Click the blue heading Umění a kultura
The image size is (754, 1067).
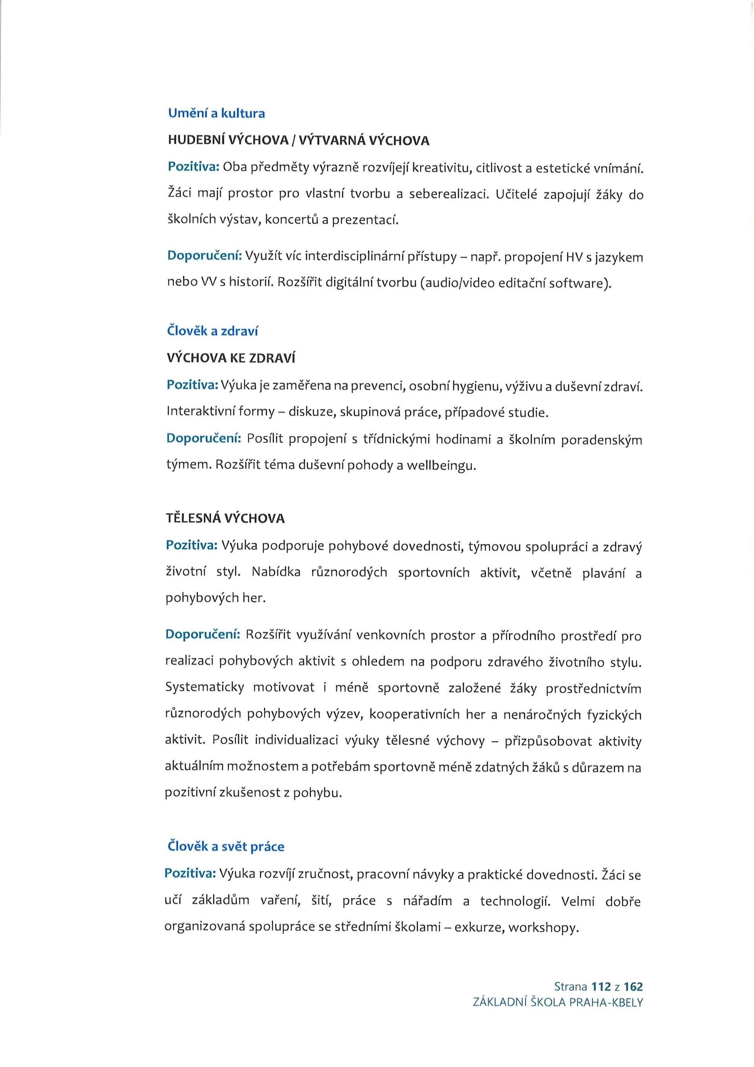(216, 114)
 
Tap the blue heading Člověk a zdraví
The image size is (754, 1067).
(212, 331)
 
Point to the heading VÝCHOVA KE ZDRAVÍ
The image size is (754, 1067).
(231, 358)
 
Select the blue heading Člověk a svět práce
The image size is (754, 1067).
(225, 846)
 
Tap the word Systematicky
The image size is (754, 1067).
(204, 687)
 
